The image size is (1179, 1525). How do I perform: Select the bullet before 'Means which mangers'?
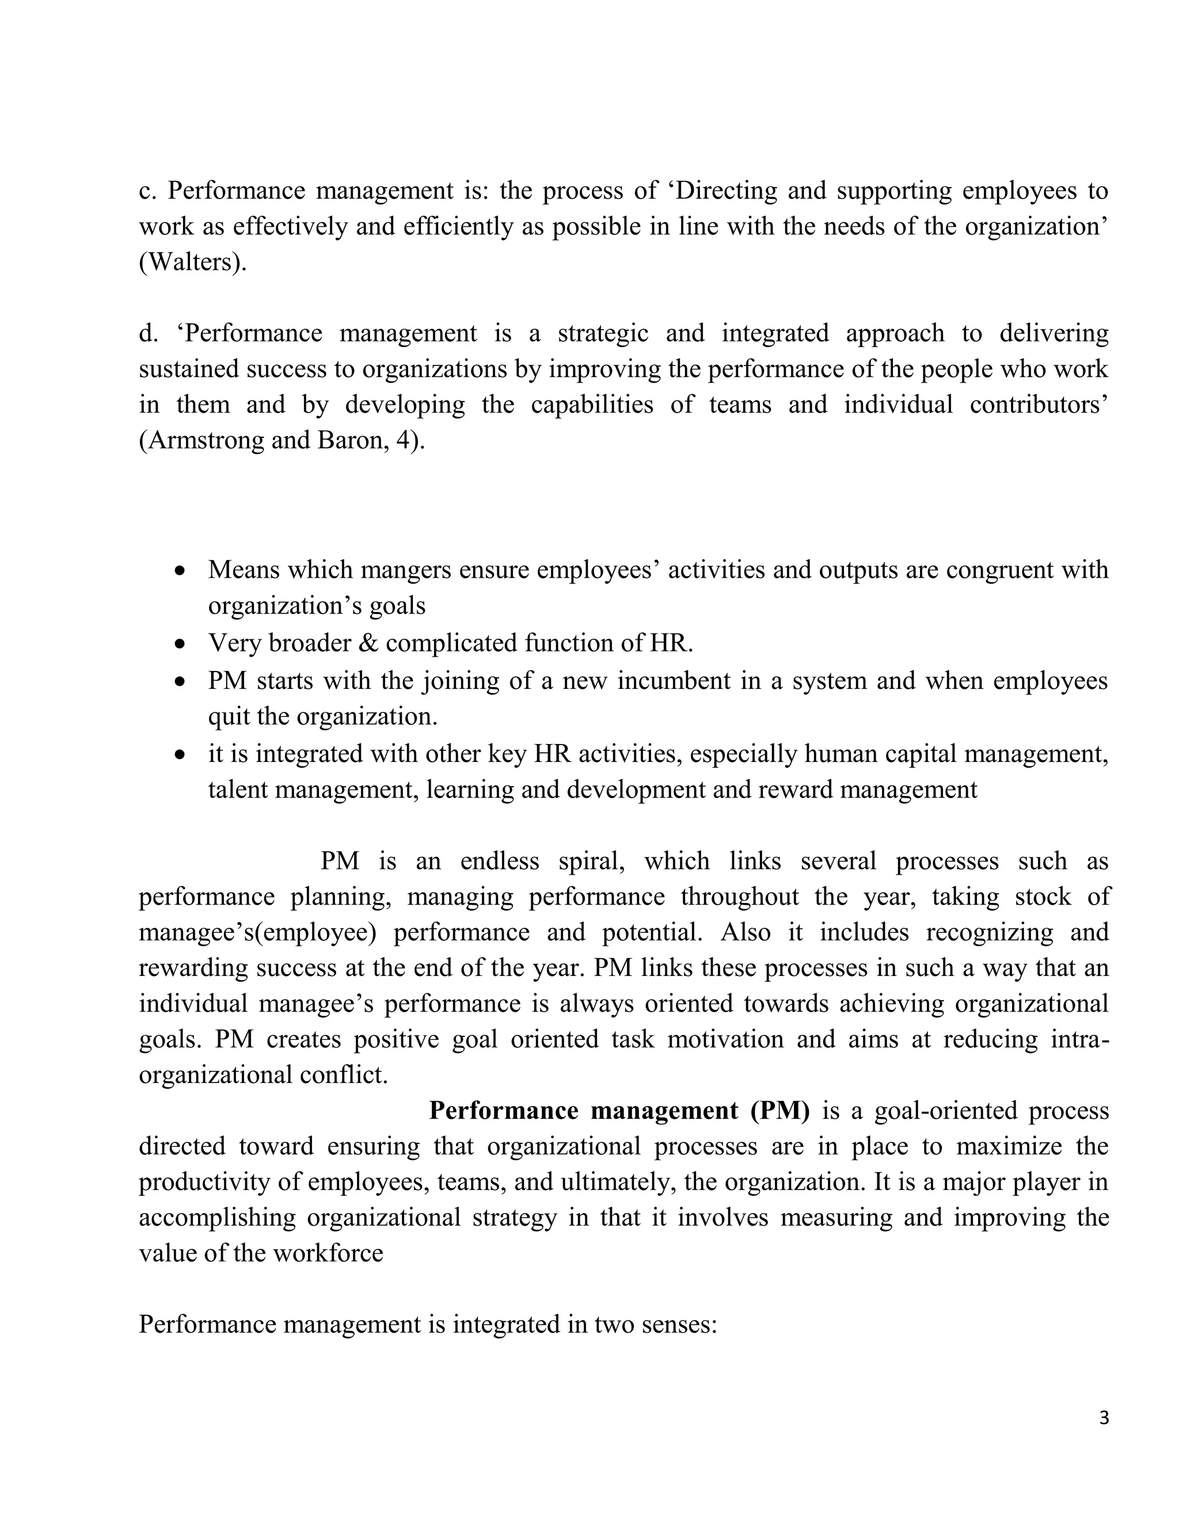pos(181,570)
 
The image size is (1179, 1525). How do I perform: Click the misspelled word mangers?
pos(409,570)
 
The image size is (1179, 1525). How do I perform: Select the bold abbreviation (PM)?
pos(780,1111)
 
